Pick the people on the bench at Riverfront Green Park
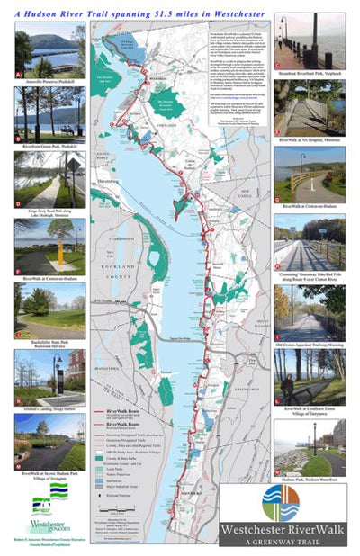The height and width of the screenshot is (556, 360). (x=42, y=130)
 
